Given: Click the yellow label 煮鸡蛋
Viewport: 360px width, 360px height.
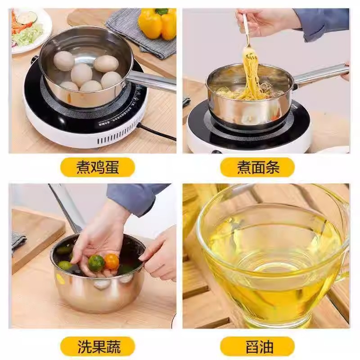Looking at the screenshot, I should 98,167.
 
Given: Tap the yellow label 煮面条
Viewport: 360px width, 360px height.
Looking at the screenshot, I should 258,167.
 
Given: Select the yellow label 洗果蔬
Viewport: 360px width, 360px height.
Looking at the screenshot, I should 98,346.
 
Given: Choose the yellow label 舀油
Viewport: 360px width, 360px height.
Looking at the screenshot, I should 258,346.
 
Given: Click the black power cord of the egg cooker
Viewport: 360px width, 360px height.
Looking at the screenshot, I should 157,133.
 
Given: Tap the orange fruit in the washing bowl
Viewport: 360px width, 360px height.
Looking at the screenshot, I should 112,261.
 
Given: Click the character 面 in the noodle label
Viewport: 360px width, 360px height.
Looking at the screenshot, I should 258,167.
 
